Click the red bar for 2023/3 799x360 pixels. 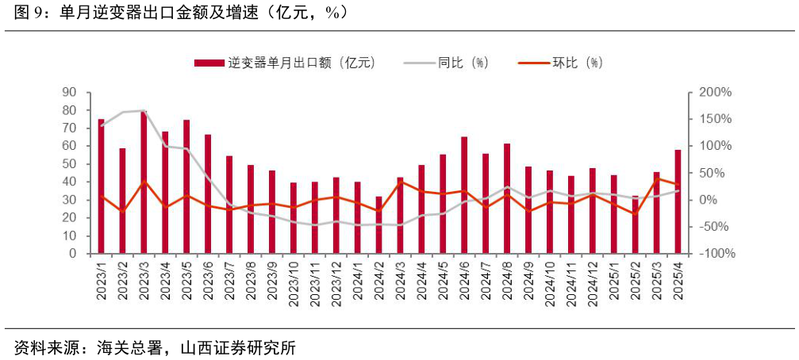pos(144,182)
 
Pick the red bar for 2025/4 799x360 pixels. pos(678,201)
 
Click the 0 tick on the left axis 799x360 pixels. pos(72,254)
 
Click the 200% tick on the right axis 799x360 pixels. pos(713,93)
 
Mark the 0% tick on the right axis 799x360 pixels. pos(709,200)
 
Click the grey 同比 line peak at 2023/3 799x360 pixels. pos(144,111)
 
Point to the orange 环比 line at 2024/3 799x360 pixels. pos(400,182)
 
